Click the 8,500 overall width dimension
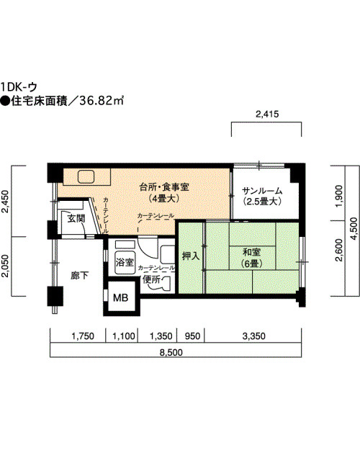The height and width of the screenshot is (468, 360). tap(171, 353)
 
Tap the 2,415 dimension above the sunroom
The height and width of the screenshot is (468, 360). tap(267, 114)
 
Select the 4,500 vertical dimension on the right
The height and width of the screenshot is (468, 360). tap(354, 229)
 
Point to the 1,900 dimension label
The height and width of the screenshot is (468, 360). tap(339, 196)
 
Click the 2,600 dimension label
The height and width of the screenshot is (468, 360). tap(339, 250)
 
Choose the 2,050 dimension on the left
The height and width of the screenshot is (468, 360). tap(5, 266)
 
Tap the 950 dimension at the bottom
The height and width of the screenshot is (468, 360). tap(192, 336)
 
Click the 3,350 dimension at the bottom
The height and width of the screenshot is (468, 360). tap(253, 336)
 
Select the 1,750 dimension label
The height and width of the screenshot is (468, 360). tap(83, 336)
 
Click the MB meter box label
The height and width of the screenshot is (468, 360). tap(120, 297)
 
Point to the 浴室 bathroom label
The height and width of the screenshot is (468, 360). tap(125, 263)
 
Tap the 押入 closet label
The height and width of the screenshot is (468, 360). tap(191, 256)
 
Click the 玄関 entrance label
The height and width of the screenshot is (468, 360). tap(76, 218)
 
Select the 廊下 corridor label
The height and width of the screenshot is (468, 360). tap(79, 275)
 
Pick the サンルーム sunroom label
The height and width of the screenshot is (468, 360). tap(262, 191)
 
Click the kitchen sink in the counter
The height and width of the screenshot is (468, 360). tap(86, 176)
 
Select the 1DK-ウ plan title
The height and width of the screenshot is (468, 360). tap(19, 87)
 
